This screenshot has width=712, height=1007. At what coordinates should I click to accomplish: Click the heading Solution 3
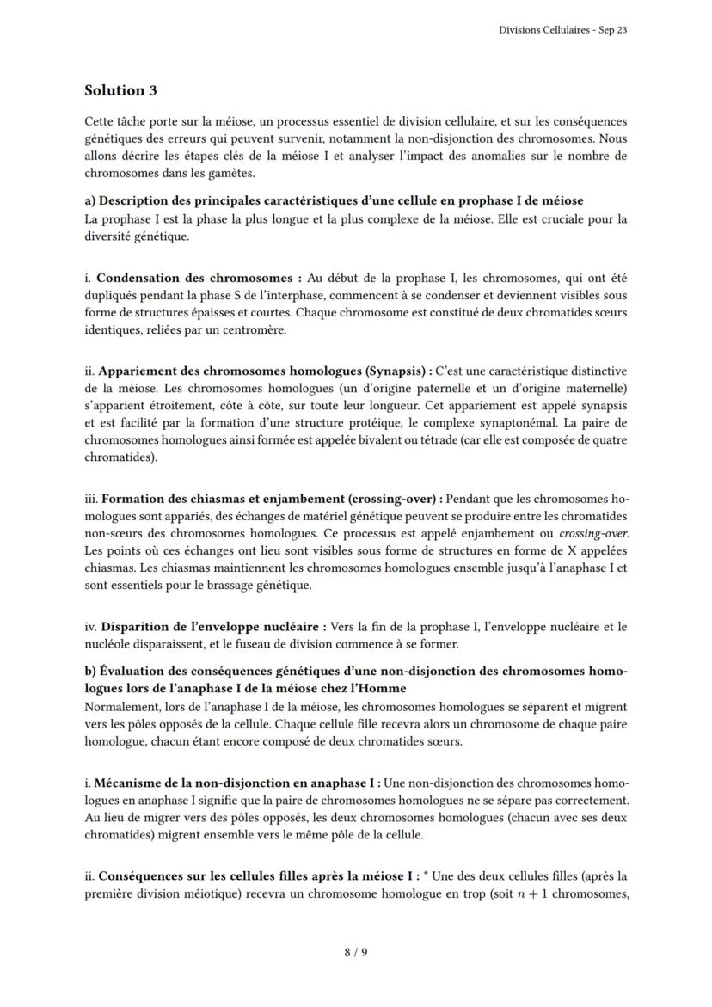[x=120, y=90]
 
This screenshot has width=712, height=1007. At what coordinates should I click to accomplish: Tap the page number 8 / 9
[x=356, y=952]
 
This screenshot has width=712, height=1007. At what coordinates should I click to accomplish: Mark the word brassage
[x=220, y=586]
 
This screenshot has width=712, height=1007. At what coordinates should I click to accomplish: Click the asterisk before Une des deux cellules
[x=427, y=875]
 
